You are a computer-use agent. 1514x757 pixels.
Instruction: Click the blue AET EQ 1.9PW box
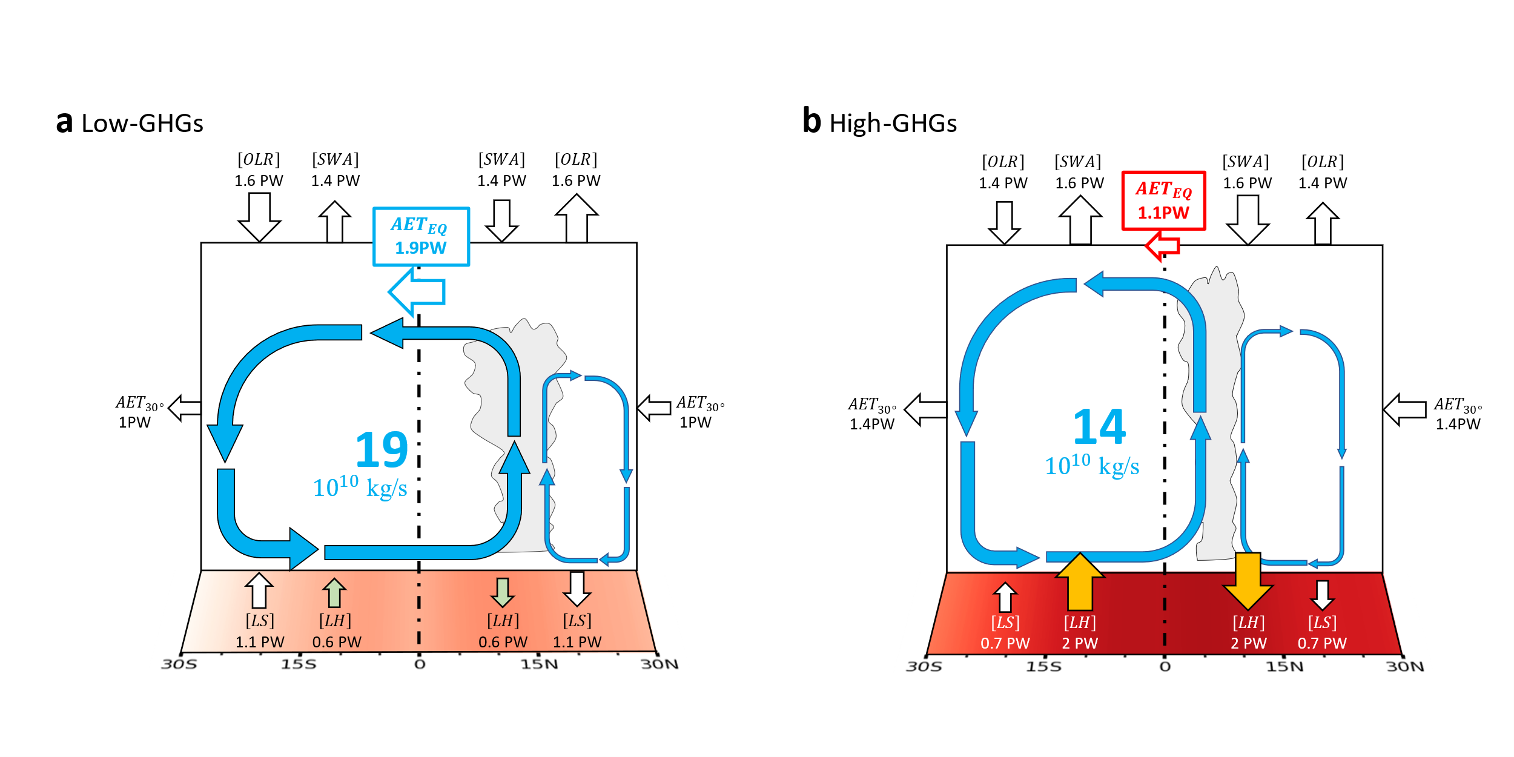pyautogui.click(x=421, y=236)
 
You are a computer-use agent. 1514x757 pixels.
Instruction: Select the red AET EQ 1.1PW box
pyautogui.click(x=1163, y=200)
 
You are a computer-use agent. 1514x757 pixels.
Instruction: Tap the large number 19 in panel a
pyautogui.click(x=382, y=450)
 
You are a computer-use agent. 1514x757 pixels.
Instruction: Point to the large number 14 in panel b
pyautogui.click(x=1099, y=427)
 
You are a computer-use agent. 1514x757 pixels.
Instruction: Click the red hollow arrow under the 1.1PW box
pyautogui.click(x=1162, y=245)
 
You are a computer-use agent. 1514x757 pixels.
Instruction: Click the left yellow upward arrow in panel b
pyautogui.click(x=1080, y=581)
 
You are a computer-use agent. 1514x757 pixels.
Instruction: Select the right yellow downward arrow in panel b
pyautogui.click(x=1248, y=580)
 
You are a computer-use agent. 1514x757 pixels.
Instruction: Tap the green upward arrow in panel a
pyautogui.click(x=334, y=592)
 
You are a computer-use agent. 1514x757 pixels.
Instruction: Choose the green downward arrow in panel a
pyautogui.click(x=502, y=592)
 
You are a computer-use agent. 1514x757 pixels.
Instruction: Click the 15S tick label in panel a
pyautogui.click(x=298, y=665)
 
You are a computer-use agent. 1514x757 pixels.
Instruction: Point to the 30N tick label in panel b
pyautogui.click(x=1405, y=667)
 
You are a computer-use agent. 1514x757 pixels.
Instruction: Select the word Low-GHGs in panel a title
pyautogui.click(x=142, y=124)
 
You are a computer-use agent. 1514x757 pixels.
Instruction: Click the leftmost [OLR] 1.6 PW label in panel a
pyautogui.click(x=259, y=170)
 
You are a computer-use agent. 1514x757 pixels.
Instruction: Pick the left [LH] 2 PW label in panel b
pyautogui.click(x=1080, y=632)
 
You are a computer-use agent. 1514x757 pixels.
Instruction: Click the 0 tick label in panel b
pyautogui.click(x=1165, y=667)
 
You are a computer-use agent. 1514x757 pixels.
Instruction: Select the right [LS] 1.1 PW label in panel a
pyautogui.click(x=577, y=631)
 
